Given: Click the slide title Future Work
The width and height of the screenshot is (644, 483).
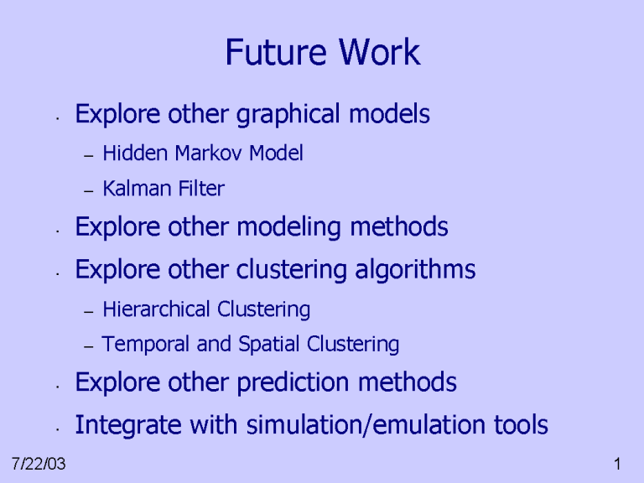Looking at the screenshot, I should pyautogui.click(x=322, y=54).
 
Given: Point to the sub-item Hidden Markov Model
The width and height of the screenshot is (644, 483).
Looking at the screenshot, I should pyautogui.click(x=202, y=153).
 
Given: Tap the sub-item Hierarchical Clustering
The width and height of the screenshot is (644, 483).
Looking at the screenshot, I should pyautogui.click(x=206, y=310).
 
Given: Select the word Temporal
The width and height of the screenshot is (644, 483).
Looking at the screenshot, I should pyautogui.click(x=138, y=344).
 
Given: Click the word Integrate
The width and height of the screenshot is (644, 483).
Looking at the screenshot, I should pyautogui.click(x=123, y=426).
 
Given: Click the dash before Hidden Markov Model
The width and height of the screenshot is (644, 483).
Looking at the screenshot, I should pyautogui.click(x=89, y=155).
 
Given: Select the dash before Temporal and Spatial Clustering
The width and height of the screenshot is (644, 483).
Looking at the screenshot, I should pyautogui.click(x=89, y=345).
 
